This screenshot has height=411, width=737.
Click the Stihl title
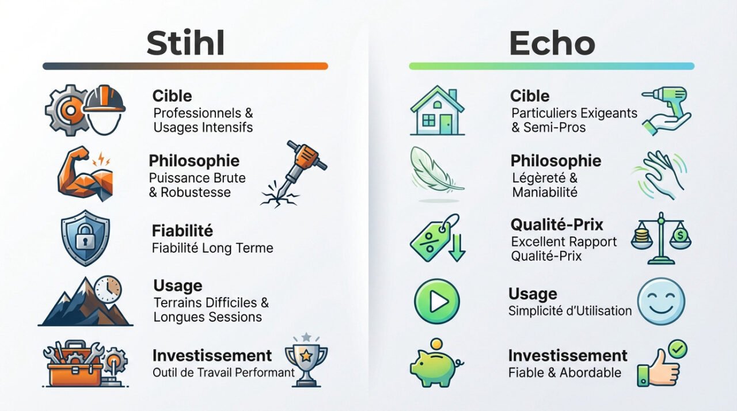185,43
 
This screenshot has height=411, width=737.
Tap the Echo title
552,43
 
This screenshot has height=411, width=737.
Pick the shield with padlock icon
85,238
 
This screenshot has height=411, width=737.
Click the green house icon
437,111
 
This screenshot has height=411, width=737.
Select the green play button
437,302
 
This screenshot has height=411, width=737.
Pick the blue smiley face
661,302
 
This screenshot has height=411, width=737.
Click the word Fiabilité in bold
183,231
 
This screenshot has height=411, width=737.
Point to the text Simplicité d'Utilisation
570,311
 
